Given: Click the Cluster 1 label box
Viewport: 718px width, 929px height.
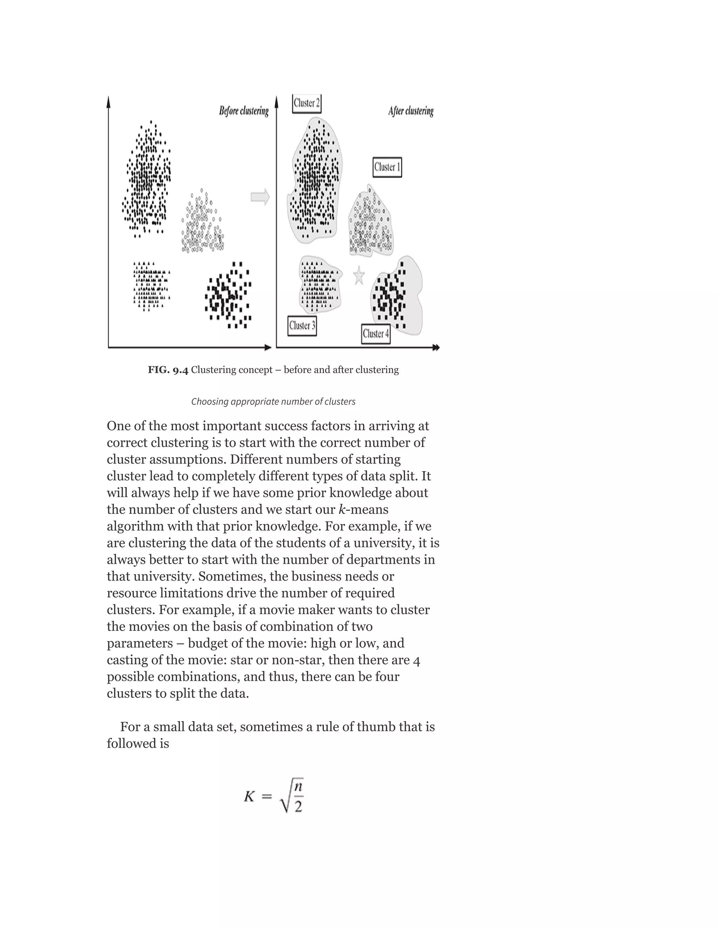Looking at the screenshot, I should click(x=387, y=167).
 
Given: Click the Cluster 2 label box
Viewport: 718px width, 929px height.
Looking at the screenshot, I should click(x=306, y=103).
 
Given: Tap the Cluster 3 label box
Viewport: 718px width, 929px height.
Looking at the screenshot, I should click(x=302, y=326).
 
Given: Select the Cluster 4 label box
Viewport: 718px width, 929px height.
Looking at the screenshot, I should click(x=376, y=334).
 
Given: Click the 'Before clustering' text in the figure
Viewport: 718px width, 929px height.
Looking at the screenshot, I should click(x=244, y=111).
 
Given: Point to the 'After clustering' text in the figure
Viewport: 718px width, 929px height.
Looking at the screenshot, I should click(x=411, y=111).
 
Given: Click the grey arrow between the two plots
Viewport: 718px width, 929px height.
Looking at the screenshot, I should click(x=260, y=197).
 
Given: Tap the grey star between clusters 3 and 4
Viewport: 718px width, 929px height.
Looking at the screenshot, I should click(x=359, y=276).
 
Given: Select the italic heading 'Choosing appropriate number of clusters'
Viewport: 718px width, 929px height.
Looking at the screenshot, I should click(x=273, y=401).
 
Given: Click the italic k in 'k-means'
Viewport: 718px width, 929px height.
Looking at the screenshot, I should click(x=341, y=510).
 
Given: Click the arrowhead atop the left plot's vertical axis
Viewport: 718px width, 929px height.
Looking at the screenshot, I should click(x=108, y=101).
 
